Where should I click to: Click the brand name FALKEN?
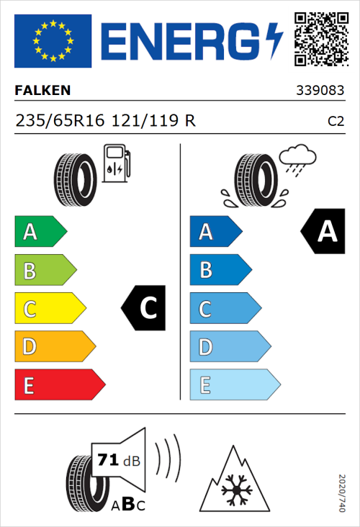43,91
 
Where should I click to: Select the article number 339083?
320,91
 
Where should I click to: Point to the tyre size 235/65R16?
61,121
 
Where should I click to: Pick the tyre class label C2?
336,122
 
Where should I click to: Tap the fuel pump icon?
114,163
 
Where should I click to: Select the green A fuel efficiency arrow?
40,232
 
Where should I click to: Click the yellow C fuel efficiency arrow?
49,309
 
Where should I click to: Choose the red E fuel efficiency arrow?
59,385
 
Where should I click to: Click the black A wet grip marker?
322,232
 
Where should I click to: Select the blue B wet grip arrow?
220,271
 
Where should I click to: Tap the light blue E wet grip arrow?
234,385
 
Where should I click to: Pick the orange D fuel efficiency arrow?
54,347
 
